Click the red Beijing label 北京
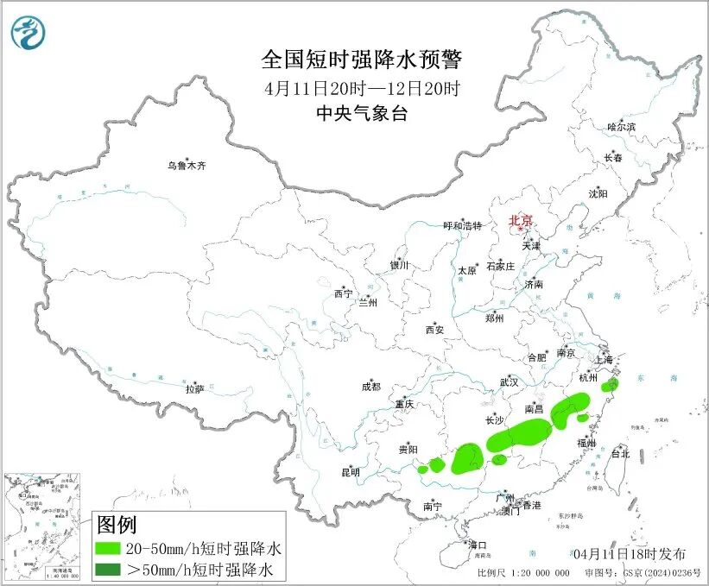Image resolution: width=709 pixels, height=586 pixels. (521, 220)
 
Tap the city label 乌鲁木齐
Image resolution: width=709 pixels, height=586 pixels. (187, 166)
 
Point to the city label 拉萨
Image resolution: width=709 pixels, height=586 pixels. (194, 389)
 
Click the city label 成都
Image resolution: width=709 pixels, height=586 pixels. (372, 388)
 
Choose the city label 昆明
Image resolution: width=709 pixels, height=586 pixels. (351, 472)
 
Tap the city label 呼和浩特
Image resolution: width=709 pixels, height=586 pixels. (465, 226)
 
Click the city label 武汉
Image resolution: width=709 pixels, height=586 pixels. (509, 381)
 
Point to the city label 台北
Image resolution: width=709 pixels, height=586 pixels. (620, 453)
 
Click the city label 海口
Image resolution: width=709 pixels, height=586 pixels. (478, 545)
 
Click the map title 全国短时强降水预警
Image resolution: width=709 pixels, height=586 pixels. (362, 60)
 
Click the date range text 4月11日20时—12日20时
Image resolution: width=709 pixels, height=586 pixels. (362, 88)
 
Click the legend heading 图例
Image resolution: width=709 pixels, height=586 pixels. (117, 524)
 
